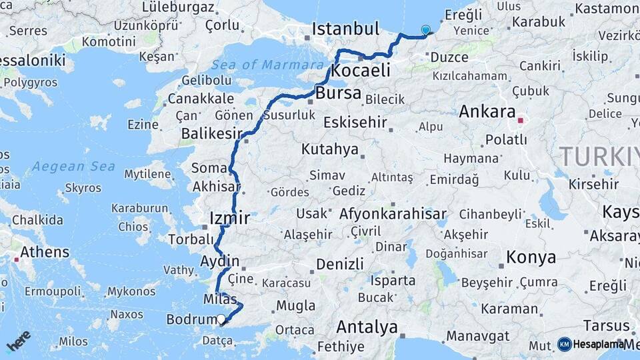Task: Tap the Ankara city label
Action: click(487, 111)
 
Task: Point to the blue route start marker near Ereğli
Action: click(425, 30)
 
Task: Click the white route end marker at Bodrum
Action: click(221, 319)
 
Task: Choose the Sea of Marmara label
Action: click(267, 65)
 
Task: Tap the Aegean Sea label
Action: click(73, 166)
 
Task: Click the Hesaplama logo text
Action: click(597, 344)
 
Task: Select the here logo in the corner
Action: click(19, 340)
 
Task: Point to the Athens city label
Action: click(45, 252)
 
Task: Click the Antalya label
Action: click(367, 327)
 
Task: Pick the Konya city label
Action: click(531, 257)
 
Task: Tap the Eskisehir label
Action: click(355, 122)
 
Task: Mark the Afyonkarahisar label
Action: click(393, 214)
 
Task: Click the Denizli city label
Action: click(340, 263)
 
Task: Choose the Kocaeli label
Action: click(361, 71)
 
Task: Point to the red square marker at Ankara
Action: click(521, 121)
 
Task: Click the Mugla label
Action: click(295, 306)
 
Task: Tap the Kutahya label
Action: click(329, 149)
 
